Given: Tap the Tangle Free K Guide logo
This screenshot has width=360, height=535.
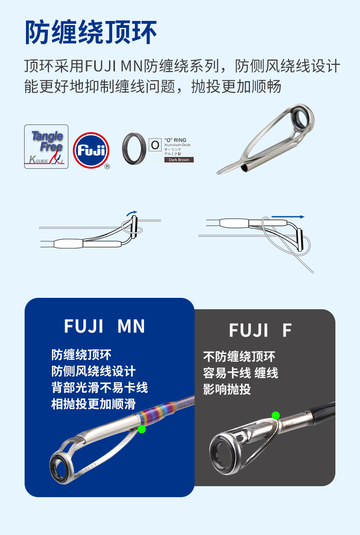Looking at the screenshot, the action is click(46, 147).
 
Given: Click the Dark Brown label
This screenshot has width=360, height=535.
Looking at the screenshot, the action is click(179, 160).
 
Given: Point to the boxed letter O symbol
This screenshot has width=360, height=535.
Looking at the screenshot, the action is click(155, 145).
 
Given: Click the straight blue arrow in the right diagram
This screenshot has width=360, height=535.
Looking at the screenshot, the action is click(288, 217).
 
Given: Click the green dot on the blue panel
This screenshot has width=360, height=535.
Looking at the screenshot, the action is click(142, 429).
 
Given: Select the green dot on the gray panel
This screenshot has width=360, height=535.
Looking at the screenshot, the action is click(275, 415).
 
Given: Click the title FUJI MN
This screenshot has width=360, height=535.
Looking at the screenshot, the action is click(104, 327).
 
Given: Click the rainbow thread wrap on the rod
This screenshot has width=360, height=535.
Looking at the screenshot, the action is click(155, 413).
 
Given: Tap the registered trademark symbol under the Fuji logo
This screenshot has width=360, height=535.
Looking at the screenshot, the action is click(107, 167).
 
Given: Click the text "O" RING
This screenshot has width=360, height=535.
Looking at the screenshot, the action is click(175, 140).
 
